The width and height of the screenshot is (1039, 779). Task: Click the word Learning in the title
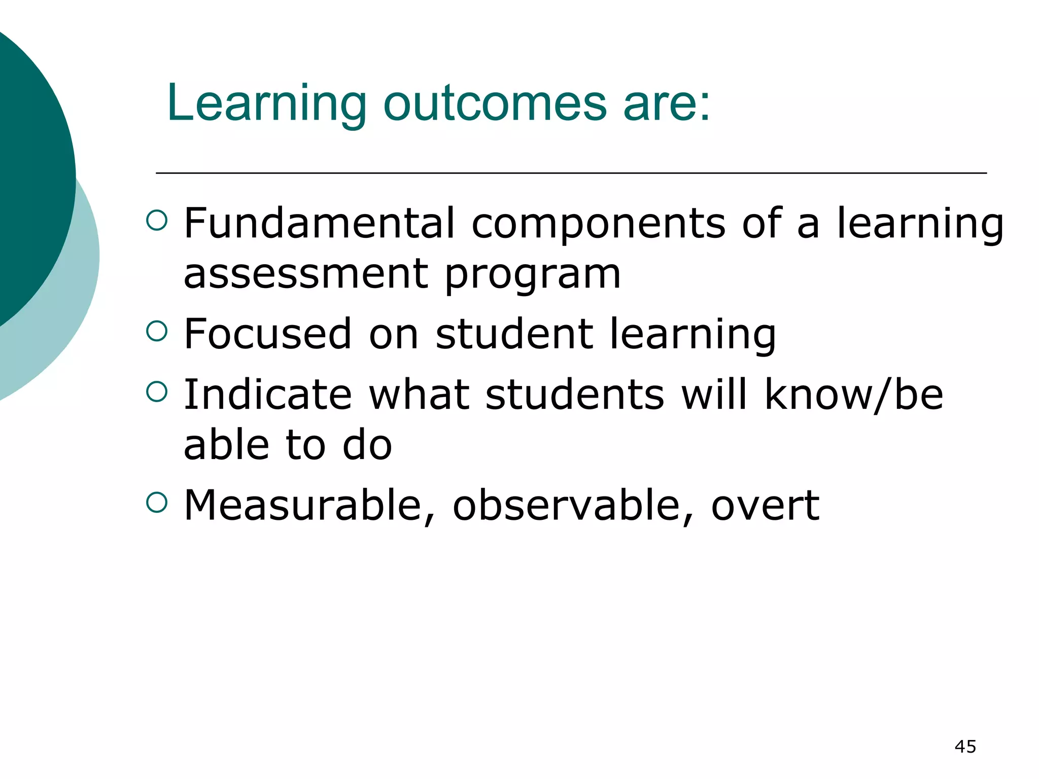click(x=266, y=104)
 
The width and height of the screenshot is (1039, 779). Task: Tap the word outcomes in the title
click(x=495, y=104)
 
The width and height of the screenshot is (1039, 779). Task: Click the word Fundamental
click(x=319, y=223)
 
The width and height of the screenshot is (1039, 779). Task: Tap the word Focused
click(x=267, y=334)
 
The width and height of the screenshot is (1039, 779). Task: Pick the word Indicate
click(x=267, y=395)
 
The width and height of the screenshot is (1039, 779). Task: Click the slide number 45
click(x=965, y=747)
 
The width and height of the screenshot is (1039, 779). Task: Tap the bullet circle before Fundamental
click(x=156, y=220)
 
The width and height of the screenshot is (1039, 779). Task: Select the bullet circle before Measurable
click(x=156, y=502)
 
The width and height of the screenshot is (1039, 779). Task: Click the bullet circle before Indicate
click(x=156, y=392)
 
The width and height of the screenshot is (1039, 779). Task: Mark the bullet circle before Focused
click(x=156, y=331)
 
